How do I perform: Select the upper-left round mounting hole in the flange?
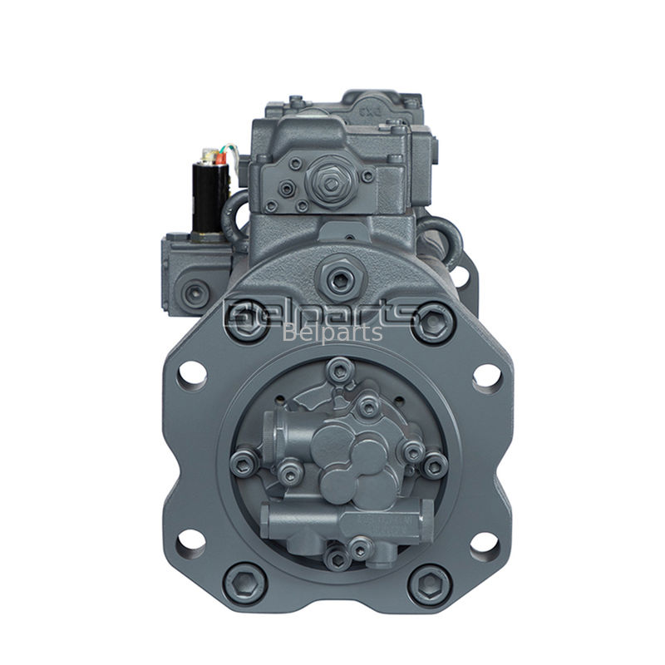point(190,373)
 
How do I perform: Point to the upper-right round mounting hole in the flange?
point(488,378)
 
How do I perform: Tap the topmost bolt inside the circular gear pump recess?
point(340,369)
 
